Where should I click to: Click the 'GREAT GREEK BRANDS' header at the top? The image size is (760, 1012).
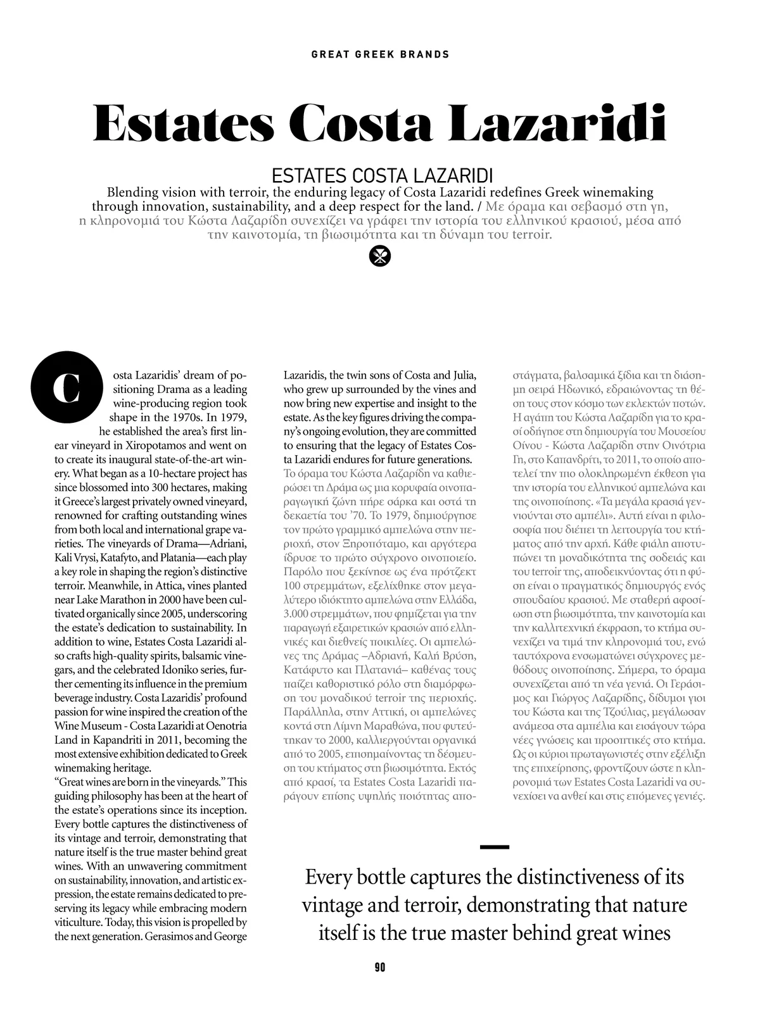[380, 54]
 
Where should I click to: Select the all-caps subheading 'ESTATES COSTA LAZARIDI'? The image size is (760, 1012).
[382, 175]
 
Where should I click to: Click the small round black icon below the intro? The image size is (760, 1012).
[380, 256]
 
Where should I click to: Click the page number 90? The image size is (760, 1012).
[380, 966]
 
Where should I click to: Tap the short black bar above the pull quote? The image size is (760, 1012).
[495, 846]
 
